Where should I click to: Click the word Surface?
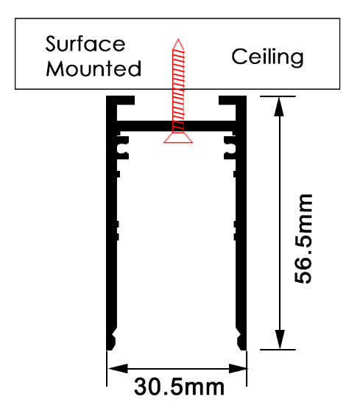point(85,43)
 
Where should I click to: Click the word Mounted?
point(93,68)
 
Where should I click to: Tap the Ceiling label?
point(267,57)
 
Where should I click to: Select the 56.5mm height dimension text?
point(303,239)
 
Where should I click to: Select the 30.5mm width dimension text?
point(180,387)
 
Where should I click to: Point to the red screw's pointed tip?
point(178,39)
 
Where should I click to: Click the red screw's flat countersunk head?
point(178,138)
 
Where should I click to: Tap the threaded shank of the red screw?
point(178,91)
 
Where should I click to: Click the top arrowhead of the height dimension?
point(279,106)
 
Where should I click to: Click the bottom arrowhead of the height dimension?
point(280,339)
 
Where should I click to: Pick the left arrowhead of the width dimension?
point(118,368)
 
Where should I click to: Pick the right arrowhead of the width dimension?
point(238,368)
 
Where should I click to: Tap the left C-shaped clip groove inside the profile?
point(122,148)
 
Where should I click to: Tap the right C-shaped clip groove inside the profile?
point(230,148)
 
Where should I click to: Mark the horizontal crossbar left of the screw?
point(144,127)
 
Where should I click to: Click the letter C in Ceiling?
point(239,57)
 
